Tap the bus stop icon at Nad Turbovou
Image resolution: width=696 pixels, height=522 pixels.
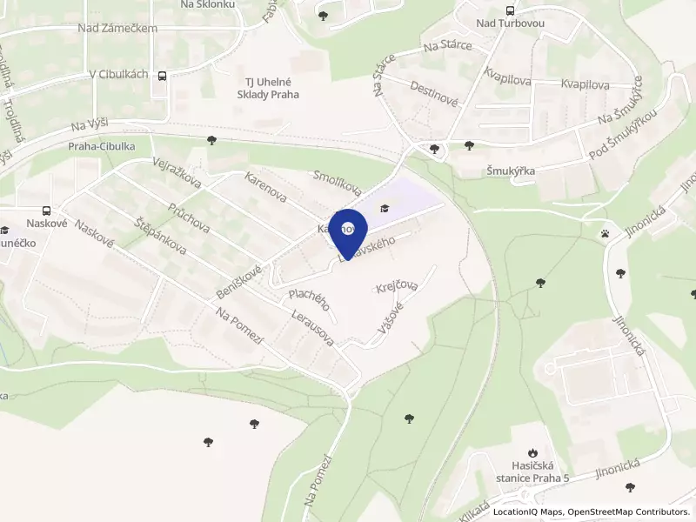[509, 11]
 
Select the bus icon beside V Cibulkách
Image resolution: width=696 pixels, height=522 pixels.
[163, 76]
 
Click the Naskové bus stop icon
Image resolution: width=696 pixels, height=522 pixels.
[45, 211]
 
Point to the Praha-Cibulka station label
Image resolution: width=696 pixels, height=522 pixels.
[102, 147]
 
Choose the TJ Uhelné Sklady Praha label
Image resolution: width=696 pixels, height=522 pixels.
[267, 88]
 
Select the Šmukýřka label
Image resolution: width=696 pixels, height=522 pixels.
[511, 171]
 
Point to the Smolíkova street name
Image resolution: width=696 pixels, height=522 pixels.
[337, 181]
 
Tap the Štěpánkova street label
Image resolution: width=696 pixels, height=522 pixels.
[160, 233]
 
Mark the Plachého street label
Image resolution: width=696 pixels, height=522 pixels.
[308, 299]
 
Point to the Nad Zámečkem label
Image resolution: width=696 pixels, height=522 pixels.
[117, 29]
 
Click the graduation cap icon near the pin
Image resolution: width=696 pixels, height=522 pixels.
[384, 207]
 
